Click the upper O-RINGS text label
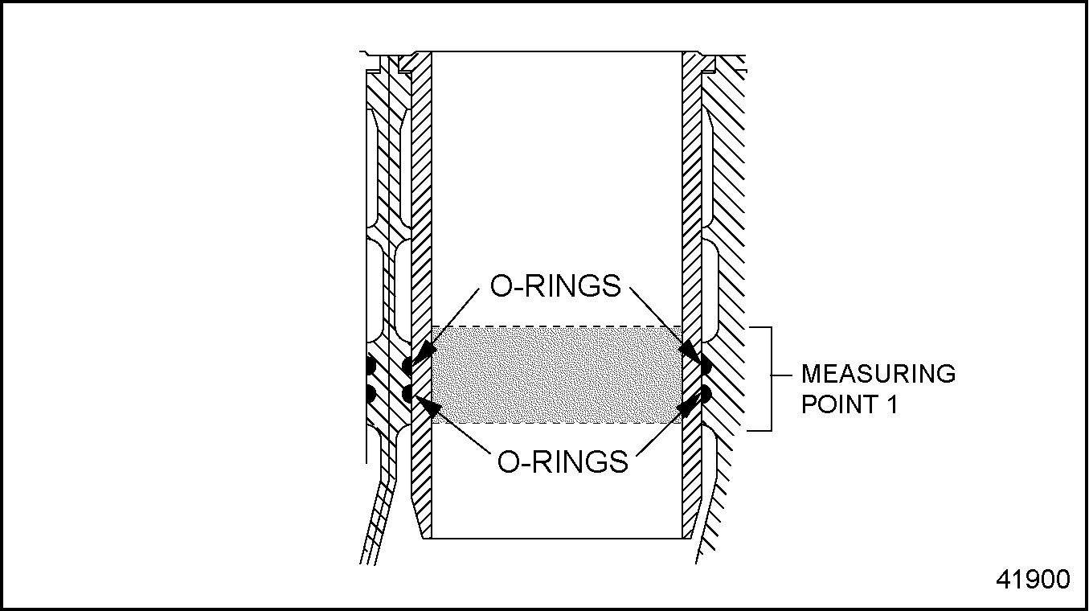(555, 286)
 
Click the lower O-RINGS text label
(563, 461)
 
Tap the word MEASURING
(878, 374)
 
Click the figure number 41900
(1033, 579)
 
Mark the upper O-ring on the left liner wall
(407, 366)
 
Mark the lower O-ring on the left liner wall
(407, 394)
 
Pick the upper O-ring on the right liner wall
(706, 367)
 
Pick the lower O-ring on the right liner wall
(706, 394)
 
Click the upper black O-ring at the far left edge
(369, 366)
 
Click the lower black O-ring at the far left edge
(369, 394)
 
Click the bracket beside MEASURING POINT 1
(769, 378)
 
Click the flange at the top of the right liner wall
(696, 61)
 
